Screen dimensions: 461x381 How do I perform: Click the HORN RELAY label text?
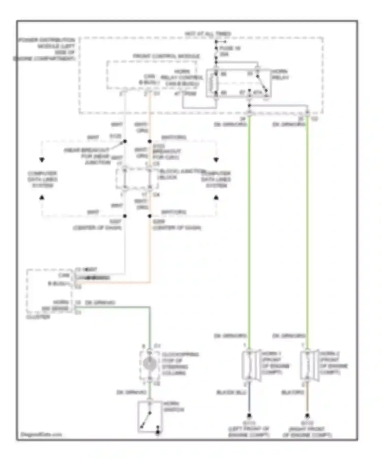(x=280, y=74)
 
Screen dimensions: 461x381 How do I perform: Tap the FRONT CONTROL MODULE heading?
(x=166, y=56)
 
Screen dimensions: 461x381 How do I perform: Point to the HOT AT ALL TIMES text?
(x=208, y=34)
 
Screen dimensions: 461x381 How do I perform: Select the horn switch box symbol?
(x=150, y=417)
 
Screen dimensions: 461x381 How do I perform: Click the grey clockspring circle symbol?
(x=150, y=364)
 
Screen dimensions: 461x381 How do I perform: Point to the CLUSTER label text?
(x=38, y=317)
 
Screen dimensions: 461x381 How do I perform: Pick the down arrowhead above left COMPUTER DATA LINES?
(x=42, y=160)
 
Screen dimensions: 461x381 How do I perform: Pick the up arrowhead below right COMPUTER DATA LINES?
(x=216, y=197)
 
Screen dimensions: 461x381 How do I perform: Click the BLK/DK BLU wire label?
(x=231, y=392)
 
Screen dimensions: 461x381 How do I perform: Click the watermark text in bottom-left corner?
(x=41, y=434)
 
